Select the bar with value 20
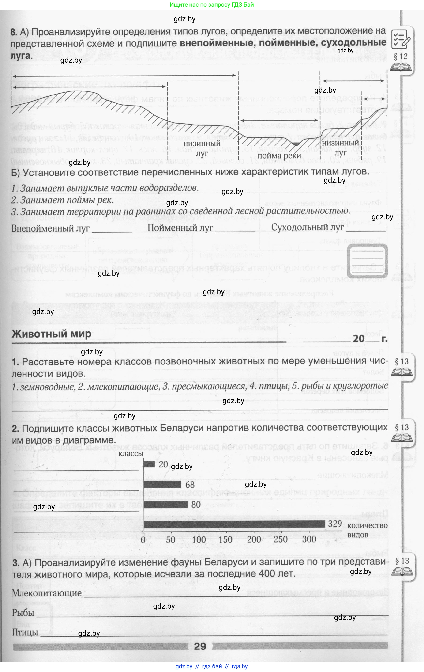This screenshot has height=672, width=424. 149,464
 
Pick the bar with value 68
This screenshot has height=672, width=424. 162,484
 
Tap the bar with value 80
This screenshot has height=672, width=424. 166,504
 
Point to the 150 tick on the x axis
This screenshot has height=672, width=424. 226,539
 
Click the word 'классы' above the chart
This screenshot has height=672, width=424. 131,453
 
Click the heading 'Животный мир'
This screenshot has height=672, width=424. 52,334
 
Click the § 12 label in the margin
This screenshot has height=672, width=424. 401,57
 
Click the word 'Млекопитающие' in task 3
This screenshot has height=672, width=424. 47,593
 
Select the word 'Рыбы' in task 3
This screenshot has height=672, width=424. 23,613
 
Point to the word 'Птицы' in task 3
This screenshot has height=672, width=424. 25,632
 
